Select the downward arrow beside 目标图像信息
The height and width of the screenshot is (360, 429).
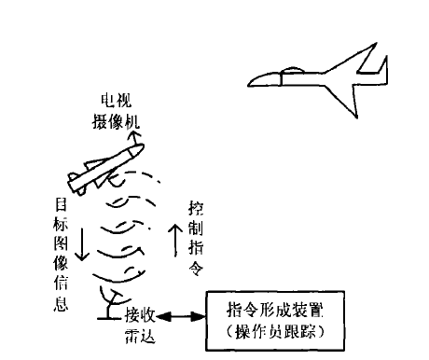pos(82,244)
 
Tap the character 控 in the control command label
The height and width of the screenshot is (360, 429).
pos(195,205)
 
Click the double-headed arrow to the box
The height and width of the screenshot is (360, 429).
pos(182,318)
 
